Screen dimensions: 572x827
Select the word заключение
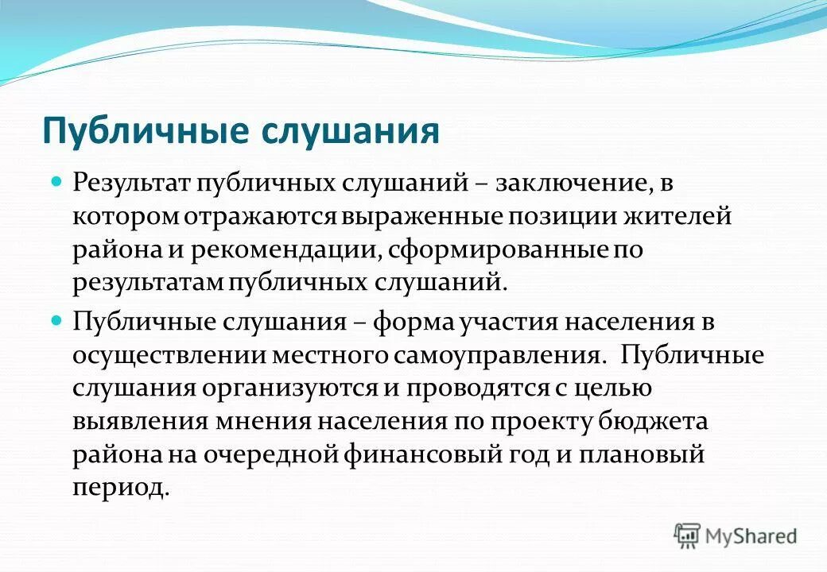coord(569,183)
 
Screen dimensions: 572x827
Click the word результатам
coord(149,284)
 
